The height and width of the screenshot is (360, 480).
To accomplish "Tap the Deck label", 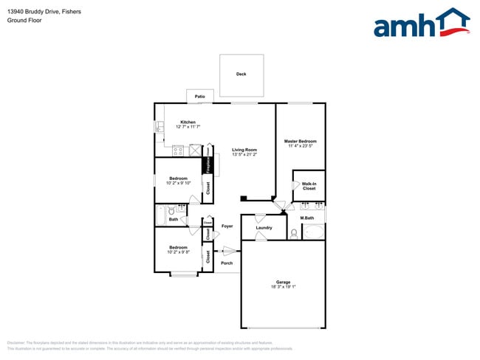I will [x=241, y=75].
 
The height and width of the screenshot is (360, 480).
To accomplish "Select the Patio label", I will [x=199, y=97].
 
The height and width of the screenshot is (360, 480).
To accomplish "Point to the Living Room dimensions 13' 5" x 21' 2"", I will [x=244, y=155].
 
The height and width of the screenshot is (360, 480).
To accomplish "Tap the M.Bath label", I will [x=307, y=218].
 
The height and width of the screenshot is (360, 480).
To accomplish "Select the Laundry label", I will [x=264, y=228].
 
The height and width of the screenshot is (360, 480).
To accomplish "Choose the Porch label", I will [x=227, y=263].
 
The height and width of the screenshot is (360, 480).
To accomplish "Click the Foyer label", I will [x=227, y=226].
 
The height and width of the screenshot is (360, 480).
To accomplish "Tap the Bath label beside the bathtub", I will [x=173, y=219].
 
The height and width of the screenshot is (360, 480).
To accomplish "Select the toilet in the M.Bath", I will [x=295, y=234].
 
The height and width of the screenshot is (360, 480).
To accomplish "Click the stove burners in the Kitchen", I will [x=178, y=151].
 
